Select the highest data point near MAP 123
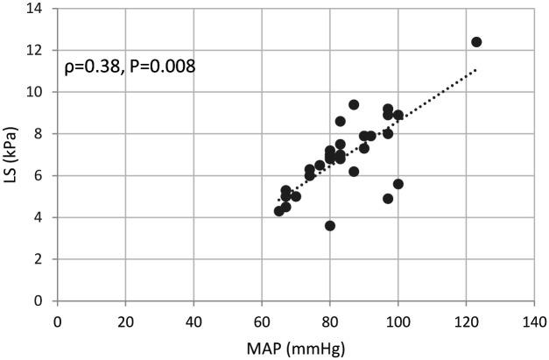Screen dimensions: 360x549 click(x=476, y=42)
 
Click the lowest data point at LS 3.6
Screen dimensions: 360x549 click(x=330, y=225)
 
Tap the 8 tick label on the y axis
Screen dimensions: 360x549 click(x=40, y=134)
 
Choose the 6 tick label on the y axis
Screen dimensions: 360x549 click(x=40, y=175)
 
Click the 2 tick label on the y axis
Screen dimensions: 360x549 click(x=40, y=259)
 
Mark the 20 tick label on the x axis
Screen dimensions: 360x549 click(x=125, y=321)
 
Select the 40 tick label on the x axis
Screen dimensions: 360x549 click(x=194, y=321)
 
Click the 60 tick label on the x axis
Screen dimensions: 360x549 click(x=262, y=321)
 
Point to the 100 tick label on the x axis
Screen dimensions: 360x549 click(x=398, y=321)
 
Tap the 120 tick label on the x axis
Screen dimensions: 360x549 click(x=467, y=321)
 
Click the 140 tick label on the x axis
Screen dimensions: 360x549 click(x=534, y=321)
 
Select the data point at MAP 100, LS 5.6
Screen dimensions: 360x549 click(x=398, y=184)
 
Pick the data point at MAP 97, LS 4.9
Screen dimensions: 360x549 click(x=388, y=199)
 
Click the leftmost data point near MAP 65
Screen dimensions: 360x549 click(x=279, y=211)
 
